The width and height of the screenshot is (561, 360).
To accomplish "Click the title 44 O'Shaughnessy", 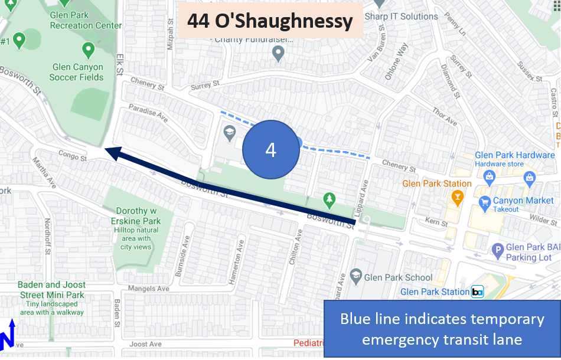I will pos(270,22).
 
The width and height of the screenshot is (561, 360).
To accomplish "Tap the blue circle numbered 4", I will pos(270,149).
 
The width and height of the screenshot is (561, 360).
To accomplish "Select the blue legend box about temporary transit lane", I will pos(442,329).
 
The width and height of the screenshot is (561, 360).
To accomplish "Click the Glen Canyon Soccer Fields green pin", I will pos(88,49).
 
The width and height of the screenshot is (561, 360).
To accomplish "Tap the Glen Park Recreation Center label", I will pos(86,20).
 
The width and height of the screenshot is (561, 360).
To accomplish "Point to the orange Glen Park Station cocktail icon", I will pos(457,197).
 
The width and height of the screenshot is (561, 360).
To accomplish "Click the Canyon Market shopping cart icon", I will pos(485,201).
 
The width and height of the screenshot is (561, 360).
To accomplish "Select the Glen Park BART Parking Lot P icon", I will pos(497,249).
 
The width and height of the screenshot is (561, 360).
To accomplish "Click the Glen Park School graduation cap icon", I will pos(355,275).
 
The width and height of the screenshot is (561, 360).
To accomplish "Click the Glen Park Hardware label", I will pos(514,155).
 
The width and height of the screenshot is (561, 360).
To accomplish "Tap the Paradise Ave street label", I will pos(149,113).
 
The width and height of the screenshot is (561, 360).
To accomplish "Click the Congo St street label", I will pos(72,156).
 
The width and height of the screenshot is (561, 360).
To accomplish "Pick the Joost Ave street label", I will pos(145,344).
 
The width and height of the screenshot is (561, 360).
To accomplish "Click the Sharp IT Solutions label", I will pos(401,17).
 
